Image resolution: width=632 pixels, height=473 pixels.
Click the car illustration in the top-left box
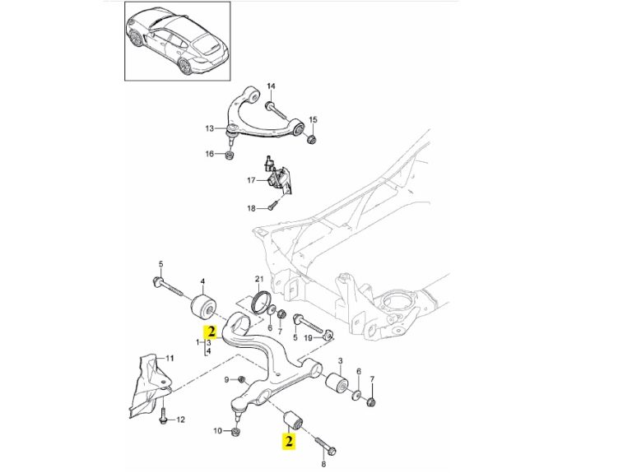176,40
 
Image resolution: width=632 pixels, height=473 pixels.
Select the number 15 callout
312,120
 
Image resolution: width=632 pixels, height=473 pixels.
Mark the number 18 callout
253,207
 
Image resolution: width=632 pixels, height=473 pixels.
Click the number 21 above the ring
258,279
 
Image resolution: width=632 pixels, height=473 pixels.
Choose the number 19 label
309,337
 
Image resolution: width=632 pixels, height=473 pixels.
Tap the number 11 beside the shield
170,358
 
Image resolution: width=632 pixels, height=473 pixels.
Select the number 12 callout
181,419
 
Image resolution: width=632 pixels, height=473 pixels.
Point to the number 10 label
217,430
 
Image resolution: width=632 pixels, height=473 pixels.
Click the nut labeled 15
312,137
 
